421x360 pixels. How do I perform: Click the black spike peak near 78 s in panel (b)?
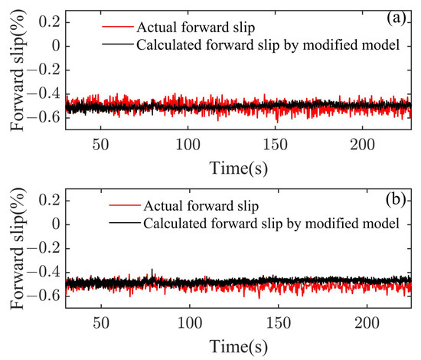click(x=152, y=270)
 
